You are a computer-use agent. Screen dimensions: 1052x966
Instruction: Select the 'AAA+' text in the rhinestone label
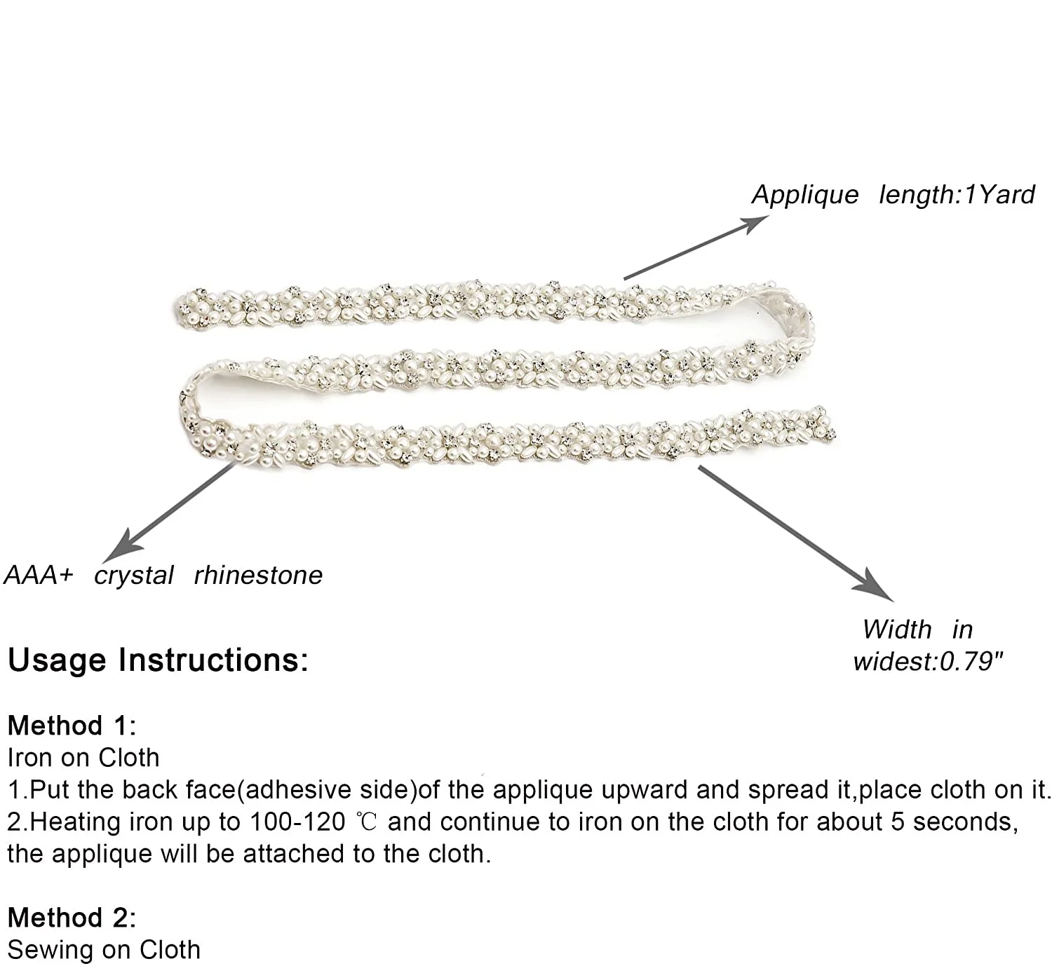39,576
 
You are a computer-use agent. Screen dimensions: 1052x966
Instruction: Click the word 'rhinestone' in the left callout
258,576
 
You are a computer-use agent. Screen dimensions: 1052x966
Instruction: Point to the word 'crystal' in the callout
134,576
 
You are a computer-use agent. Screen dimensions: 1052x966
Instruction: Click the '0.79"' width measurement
971,661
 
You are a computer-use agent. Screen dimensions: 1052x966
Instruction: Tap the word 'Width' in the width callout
897,630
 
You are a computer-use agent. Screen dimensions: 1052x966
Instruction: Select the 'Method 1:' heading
72,726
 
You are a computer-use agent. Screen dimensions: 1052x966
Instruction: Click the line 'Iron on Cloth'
83,758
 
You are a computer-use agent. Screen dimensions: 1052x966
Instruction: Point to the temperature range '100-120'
297,822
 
